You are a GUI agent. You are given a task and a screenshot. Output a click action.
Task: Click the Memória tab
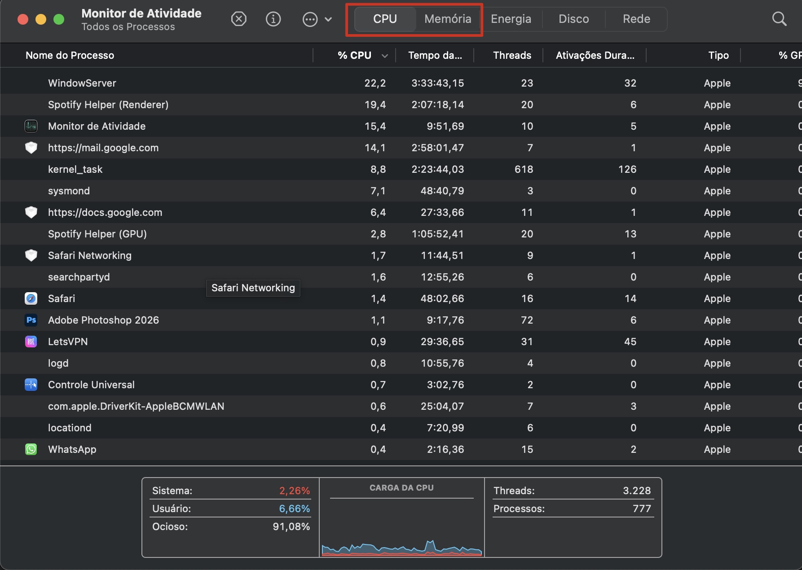point(448,19)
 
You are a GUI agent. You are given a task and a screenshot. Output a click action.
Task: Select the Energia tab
point(511,19)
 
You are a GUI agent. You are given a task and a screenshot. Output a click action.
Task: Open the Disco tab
point(573,19)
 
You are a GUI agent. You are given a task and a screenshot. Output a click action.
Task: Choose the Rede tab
point(636,19)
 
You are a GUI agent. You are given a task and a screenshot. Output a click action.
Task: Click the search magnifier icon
point(779,19)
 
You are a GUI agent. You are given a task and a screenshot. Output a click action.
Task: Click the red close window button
point(23,19)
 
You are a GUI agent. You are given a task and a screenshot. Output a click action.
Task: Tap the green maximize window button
point(59,19)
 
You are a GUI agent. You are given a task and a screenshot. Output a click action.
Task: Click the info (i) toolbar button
point(273,19)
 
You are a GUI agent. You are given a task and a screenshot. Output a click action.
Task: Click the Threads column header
point(512,55)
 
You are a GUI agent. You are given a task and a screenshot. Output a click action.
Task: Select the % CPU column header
point(354,55)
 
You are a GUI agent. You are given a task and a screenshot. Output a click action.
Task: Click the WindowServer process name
point(82,83)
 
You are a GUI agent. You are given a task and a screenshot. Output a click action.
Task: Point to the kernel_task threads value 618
point(524,169)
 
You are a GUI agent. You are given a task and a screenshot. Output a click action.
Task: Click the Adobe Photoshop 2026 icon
point(31,320)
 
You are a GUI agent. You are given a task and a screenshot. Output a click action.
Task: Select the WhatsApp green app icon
point(31,449)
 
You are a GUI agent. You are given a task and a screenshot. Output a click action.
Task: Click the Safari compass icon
point(31,298)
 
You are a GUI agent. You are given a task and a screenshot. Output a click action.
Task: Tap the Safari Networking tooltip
point(253,288)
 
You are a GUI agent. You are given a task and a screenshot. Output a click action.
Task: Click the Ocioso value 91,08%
point(291,526)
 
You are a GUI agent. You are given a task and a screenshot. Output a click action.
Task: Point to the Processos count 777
point(641,509)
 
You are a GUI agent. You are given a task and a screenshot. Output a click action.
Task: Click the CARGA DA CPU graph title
point(401,488)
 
